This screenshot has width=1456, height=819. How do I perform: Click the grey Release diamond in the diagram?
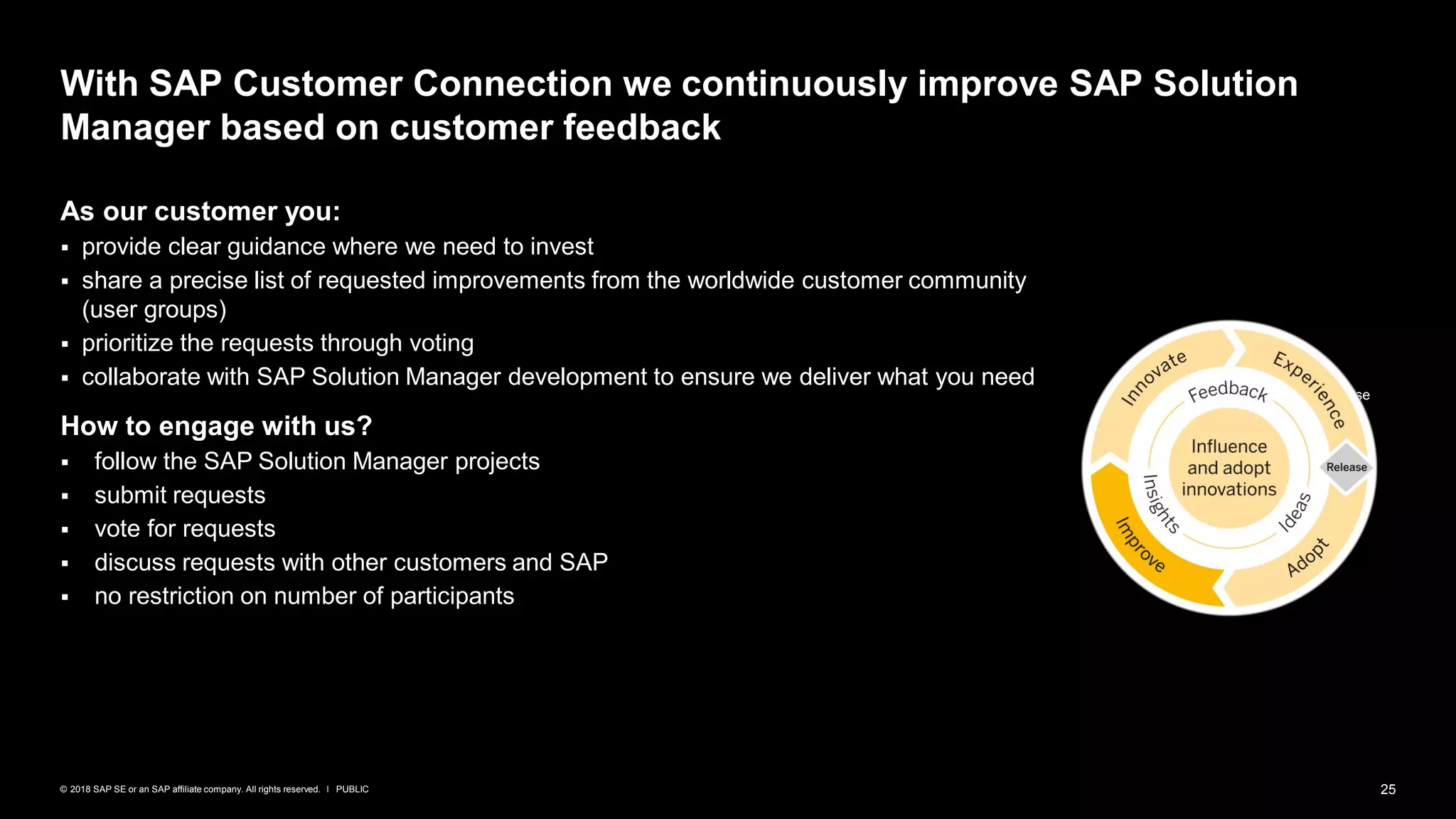(1346, 467)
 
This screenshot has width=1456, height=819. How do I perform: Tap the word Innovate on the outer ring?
(1153, 378)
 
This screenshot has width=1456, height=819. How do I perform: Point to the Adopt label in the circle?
(1307, 557)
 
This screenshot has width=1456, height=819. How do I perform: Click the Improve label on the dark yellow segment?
(1140, 545)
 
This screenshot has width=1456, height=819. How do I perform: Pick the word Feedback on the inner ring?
(1228, 392)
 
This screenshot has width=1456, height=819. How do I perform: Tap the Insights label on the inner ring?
(1160, 503)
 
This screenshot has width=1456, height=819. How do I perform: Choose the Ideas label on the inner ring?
(1295, 512)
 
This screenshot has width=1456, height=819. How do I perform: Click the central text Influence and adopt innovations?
(1228, 468)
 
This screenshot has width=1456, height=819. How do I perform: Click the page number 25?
(1388, 789)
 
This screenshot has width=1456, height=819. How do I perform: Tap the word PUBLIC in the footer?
(352, 789)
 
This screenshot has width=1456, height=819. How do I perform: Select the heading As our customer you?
(200, 211)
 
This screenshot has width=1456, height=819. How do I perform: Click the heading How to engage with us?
(216, 426)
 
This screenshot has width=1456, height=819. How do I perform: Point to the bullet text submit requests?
(180, 495)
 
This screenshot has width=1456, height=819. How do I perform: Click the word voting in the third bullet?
(441, 343)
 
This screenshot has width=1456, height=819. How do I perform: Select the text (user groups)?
(154, 310)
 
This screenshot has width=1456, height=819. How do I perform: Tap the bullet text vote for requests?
(185, 528)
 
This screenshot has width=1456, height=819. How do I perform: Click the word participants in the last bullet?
(451, 596)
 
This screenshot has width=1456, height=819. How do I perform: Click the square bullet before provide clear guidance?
(65, 248)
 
